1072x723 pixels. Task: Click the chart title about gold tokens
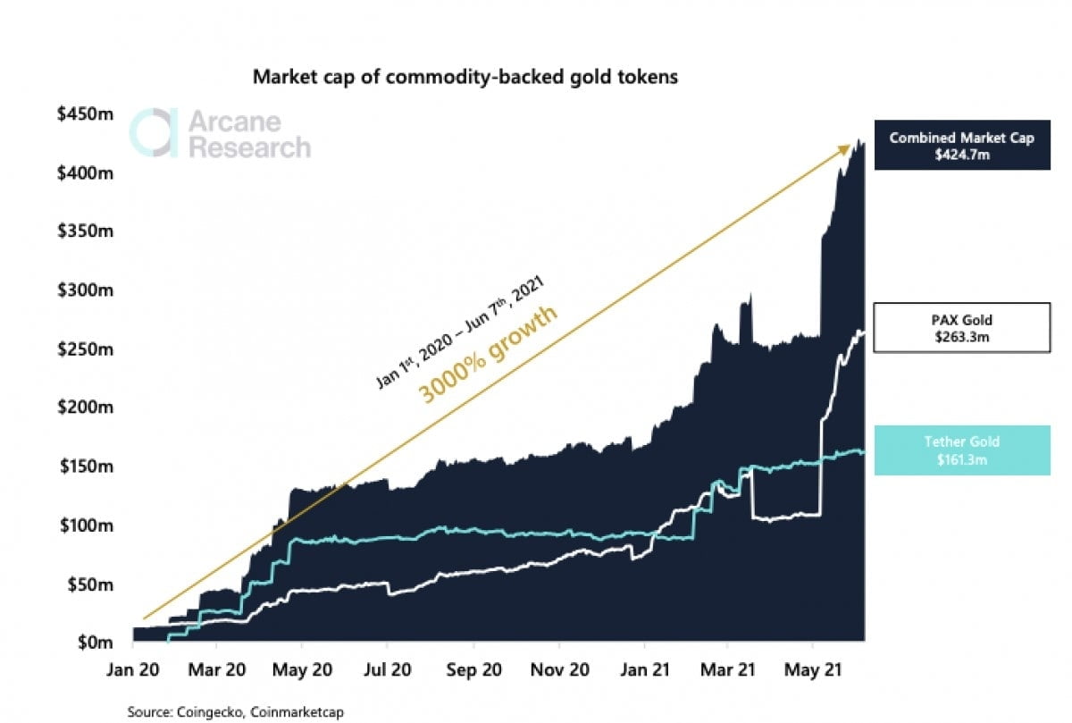click(465, 77)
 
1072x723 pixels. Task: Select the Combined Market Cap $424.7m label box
click(961, 145)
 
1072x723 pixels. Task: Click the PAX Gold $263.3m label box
click(961, 327)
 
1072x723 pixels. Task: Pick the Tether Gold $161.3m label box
click(961, 450)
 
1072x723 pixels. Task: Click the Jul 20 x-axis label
click(387, 669)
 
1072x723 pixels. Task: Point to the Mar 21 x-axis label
click(727, 669)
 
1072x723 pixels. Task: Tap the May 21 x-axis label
click(812, 669)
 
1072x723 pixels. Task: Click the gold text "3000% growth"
click(489, 354)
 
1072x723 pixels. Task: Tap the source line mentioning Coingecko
click(235, 712)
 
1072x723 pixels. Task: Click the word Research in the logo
click(249, 147)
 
